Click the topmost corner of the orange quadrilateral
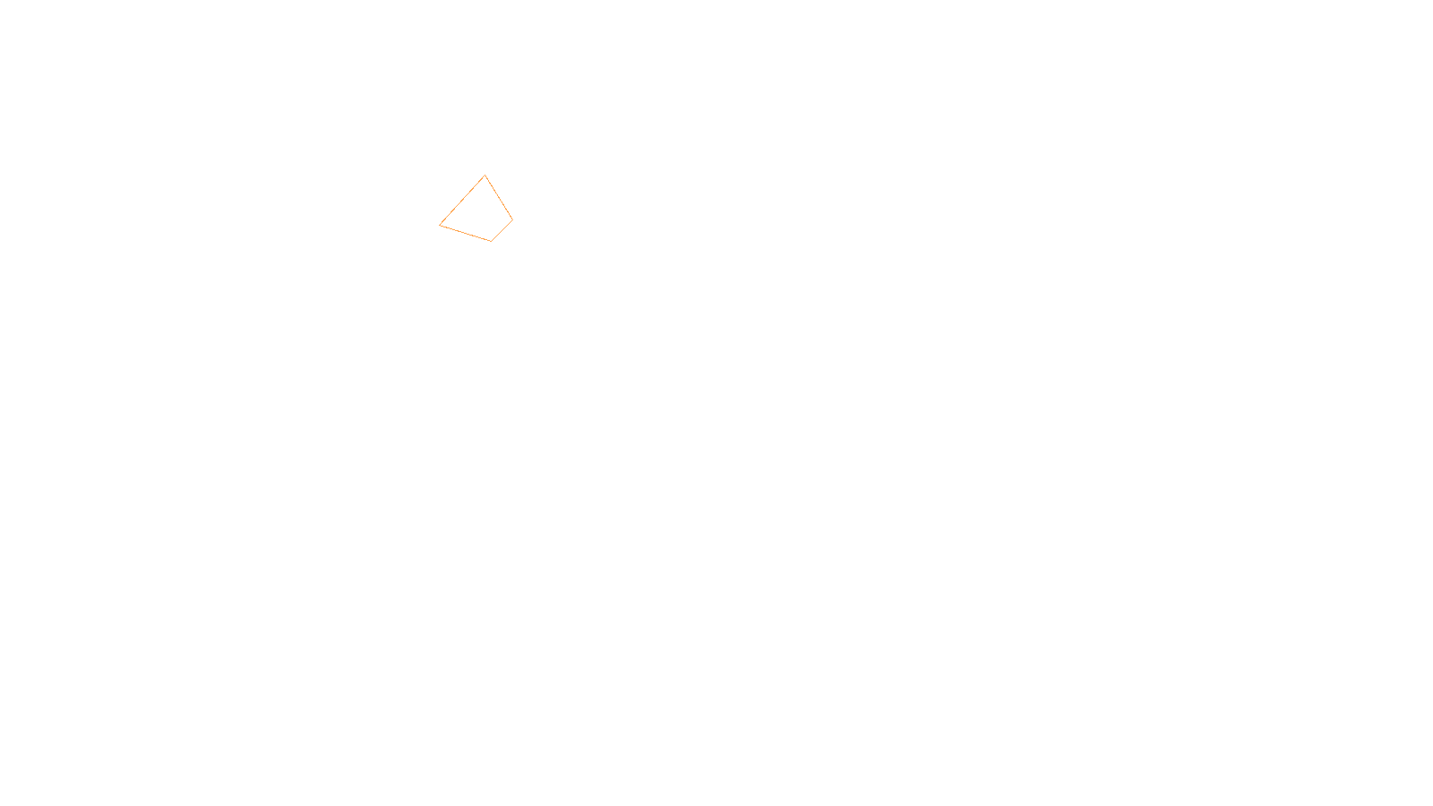click(485, 176)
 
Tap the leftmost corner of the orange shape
click(440, 225)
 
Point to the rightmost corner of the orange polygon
click(512, 219)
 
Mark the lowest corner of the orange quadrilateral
click(491, 241)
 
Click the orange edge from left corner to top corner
click(462, 200)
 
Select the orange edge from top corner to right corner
click(499, 198)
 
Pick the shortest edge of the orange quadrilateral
click(502, 230)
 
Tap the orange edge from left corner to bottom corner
click(465, 233)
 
